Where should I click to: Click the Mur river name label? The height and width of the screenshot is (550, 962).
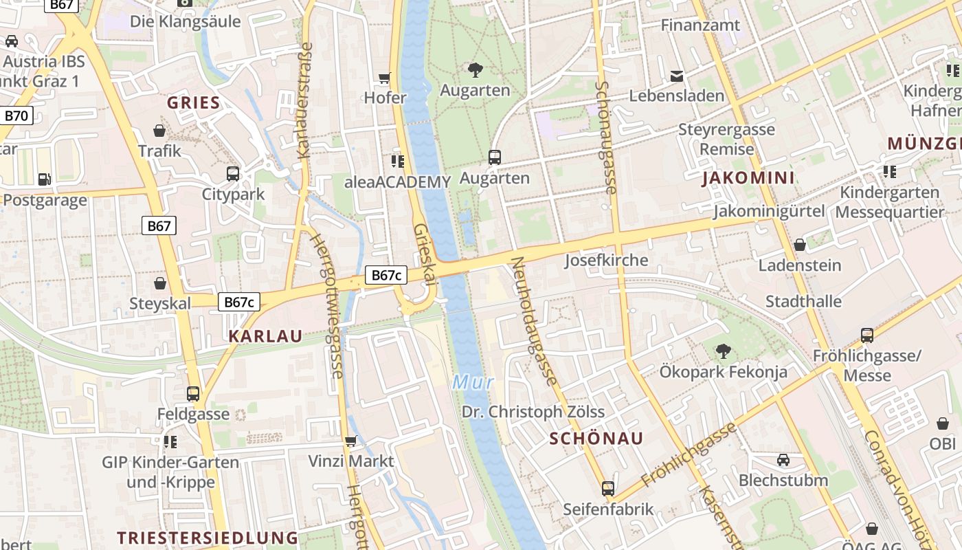coord(473,382)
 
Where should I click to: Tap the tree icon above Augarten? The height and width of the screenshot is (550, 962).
coord(475,69)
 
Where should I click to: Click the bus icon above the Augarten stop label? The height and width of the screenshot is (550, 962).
coord(494,157)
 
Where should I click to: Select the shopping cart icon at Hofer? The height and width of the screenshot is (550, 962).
coord(385,78)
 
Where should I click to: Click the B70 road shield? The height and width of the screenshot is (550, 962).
coord(16,115)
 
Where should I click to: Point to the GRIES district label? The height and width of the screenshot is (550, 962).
coord(194,103)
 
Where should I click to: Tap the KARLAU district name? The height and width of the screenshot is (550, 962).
coord(265,335)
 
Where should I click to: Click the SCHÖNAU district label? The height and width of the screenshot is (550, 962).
coord(596,439)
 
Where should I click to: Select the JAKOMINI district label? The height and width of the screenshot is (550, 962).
coord(748,178)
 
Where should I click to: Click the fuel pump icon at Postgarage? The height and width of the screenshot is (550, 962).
coord(44,179)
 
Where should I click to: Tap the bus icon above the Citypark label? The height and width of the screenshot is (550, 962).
coord(233,173)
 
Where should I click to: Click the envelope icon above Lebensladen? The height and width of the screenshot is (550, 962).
coord(677,75)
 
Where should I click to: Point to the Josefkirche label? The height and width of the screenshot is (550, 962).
coord(606,260)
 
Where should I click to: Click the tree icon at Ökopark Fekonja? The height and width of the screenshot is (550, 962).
coord(723,351)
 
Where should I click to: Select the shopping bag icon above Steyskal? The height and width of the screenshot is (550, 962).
coord(160,283)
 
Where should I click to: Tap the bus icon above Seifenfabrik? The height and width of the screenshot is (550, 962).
coord(608,488)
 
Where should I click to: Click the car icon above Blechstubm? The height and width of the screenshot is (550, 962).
coord(783,459)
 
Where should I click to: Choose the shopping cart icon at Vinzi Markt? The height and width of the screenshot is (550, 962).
coord(350,441)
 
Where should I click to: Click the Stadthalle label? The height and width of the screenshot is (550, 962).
coord(803,301)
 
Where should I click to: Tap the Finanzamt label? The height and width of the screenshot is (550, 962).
coord(700,25)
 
